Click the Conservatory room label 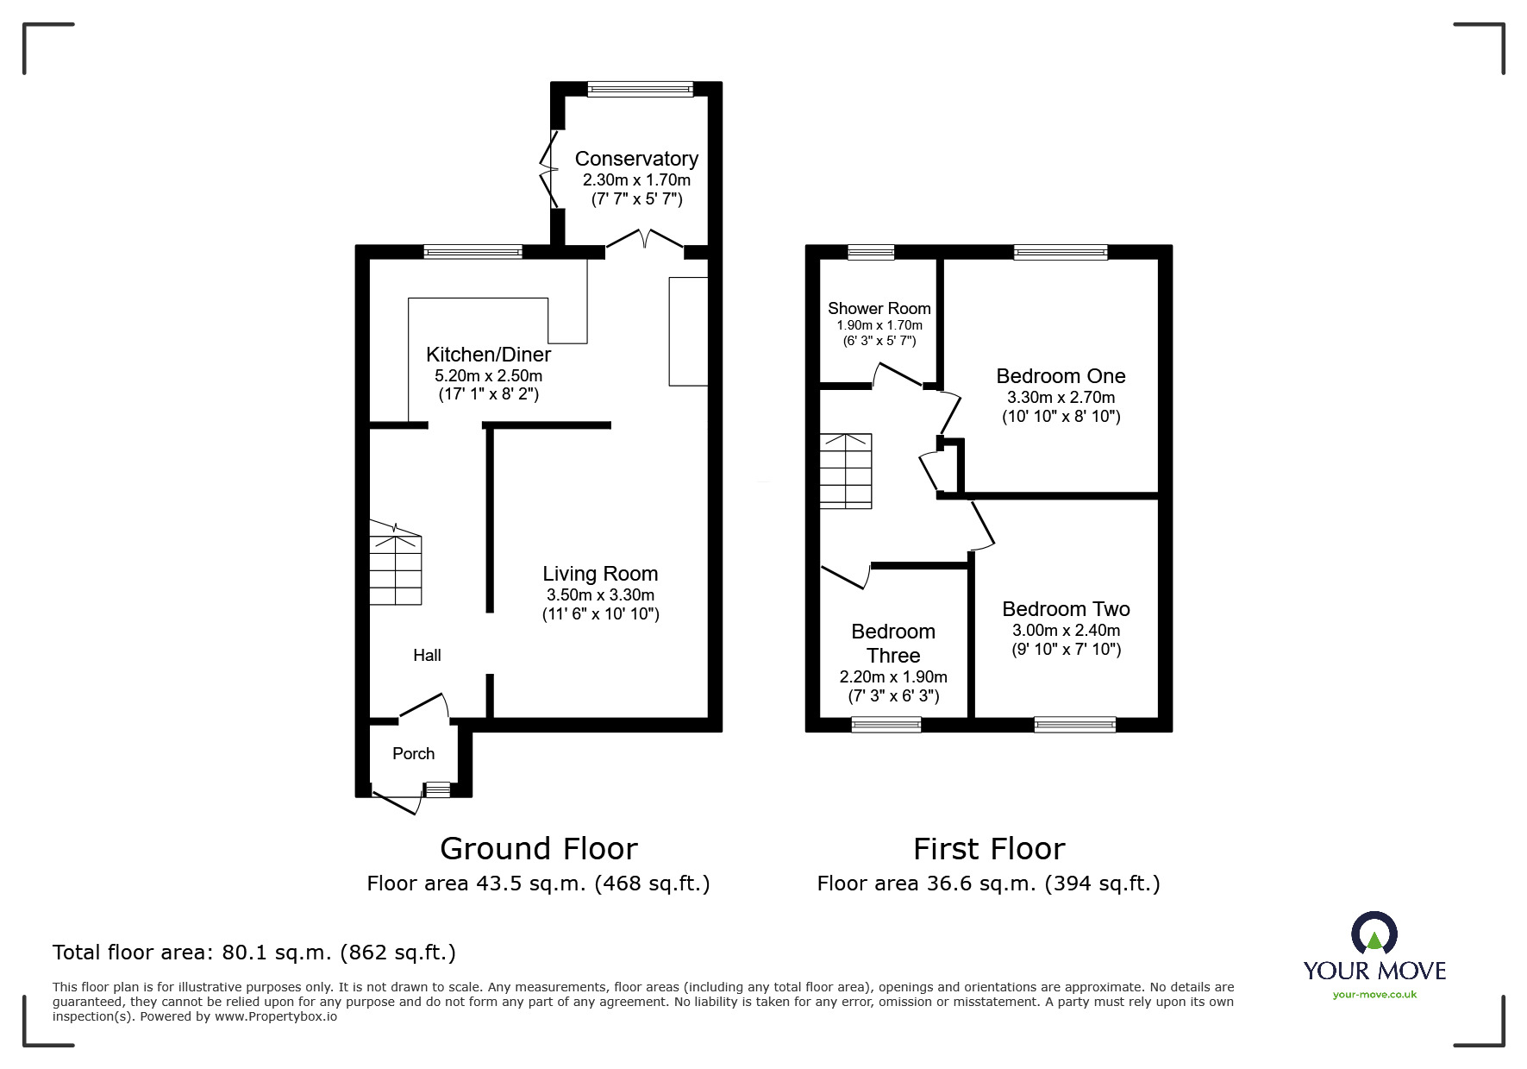[x=636, y=159]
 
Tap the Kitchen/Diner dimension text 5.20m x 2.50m [x=488, y=376]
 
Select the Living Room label [x=600, y=574]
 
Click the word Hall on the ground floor [x=427, y=656]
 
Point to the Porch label [x=413, y=754]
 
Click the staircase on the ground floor [x=396, y=565]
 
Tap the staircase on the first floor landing [x=846, y=471]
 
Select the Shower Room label [x=879, y=309]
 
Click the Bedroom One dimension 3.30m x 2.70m [x=1061, y=398]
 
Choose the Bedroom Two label [x=1066, y=609]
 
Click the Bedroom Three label [x=893, y=644]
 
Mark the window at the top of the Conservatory [x=640, y=88]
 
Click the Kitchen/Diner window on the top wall [x=473, y=252]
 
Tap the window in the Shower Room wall [x=871, y=252]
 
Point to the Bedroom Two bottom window [x=1074, y=725]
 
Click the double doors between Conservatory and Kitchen [x=644, y=241]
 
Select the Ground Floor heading [x=539, y=849]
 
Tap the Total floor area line [x=254, y=953]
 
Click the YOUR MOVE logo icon [x=1374, y=935]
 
